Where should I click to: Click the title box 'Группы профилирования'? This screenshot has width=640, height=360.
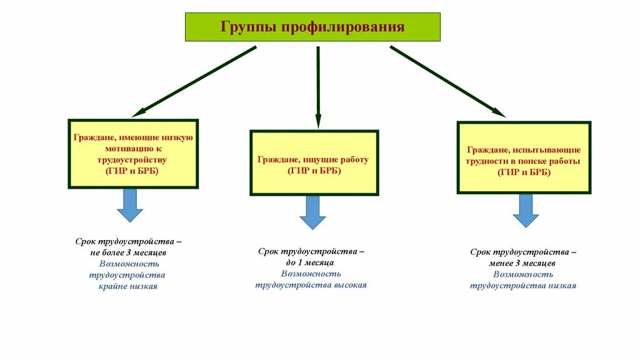(312, 27)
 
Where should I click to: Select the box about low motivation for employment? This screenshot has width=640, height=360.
(132, 153)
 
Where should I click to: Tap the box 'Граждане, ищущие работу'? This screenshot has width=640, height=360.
(314, 162)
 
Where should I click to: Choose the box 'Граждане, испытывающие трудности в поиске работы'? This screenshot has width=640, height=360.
(524, 157)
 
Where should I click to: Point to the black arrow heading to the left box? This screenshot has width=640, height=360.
(194, 81)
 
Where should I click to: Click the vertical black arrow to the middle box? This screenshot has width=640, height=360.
(317, 87)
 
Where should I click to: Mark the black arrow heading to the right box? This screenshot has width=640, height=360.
(447, 81)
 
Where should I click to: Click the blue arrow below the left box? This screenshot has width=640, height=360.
(130, 206)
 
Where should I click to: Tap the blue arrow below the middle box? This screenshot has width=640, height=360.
(312, 212)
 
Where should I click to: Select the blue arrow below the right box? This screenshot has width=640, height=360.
(526, 211)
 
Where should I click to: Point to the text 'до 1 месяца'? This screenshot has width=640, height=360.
(311, 262)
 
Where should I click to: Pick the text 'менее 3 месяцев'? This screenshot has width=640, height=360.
(523, 263)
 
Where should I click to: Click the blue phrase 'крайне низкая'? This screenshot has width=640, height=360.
(128, 286)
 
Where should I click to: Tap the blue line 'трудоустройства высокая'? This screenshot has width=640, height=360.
(311, 285)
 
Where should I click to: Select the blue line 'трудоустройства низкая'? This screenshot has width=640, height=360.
(523, 286)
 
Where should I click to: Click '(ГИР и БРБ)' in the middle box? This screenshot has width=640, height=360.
(314, 171)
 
